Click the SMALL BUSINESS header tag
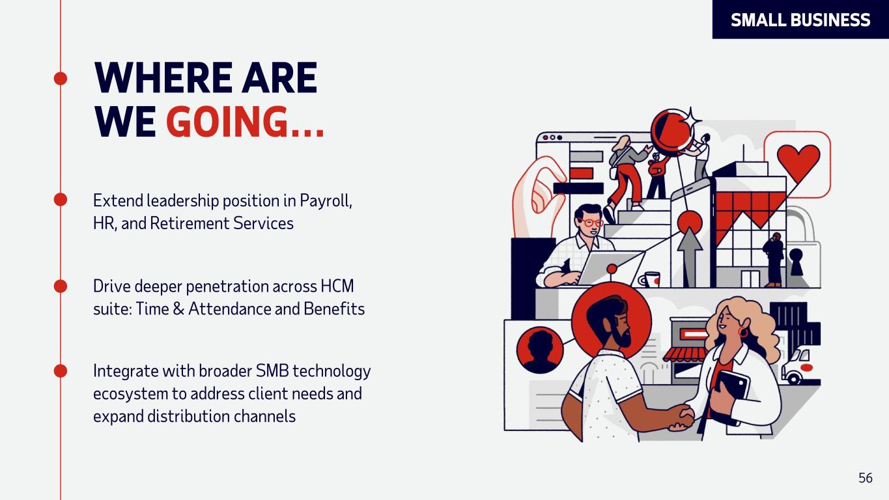(800, 20)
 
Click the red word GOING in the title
(227, 122)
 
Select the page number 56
(865, 478)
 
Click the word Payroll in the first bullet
(326, 201)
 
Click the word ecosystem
(130, 395)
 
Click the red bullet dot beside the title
(61, 79)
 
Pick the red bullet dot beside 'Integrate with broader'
(61, 371)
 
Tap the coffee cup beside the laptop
(650, 279)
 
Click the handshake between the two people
(682, 418)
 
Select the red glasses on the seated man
(591, 222)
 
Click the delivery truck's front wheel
(794, 378)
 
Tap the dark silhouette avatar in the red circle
(540, 350)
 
